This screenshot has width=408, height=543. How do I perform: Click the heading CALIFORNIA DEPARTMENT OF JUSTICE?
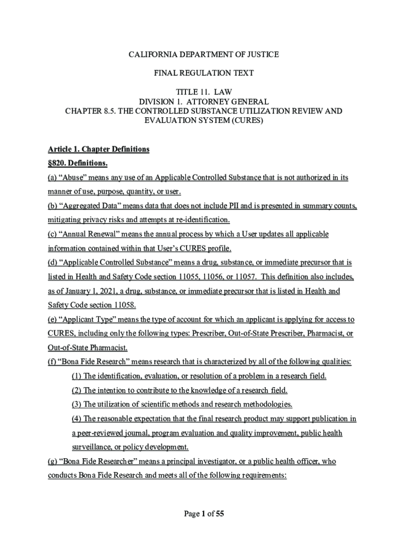pyautogui.click(x=204, y=55)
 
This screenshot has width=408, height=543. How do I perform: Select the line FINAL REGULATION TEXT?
pyautogui.click(x=204, y=73)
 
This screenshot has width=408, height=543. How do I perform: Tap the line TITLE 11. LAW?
pyautogui.click(x=204, y=92)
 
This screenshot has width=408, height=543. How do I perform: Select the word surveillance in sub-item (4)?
pyautogui.click(x=92, y=447)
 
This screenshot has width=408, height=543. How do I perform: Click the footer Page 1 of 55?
pyautogui.click(x=204, y=513)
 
